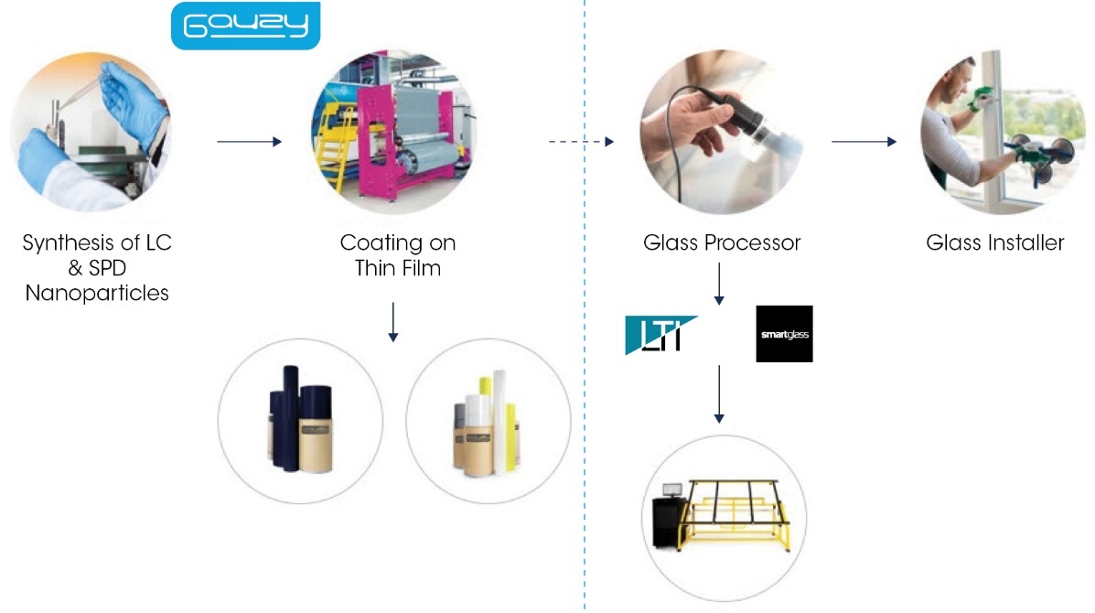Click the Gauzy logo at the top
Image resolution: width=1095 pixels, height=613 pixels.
pyautogui.click(x=246, y=25)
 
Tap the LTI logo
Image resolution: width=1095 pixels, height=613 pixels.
pyautogui.click(x=659, y=335)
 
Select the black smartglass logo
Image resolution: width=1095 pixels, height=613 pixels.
pyautogui.click(x=784, y=333)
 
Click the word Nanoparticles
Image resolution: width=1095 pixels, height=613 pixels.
pyautogui.click(x=97, y=294)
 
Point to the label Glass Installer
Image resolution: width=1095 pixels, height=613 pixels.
pyautogui.click(x=994, y=243)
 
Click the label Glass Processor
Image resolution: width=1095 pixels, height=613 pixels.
pyautogui.click(x=721, y=243)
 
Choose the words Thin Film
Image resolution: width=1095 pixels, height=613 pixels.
pyautogui.click(x=397, y=267)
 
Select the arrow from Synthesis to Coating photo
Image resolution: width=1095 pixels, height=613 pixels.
pyautogui.click(x=249, y=142)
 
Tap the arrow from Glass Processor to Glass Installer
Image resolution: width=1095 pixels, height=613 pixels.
pyautogui.click(x=864, y=142)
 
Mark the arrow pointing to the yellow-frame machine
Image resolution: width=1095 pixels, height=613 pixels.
pyautogui.click(x=719, y=393)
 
